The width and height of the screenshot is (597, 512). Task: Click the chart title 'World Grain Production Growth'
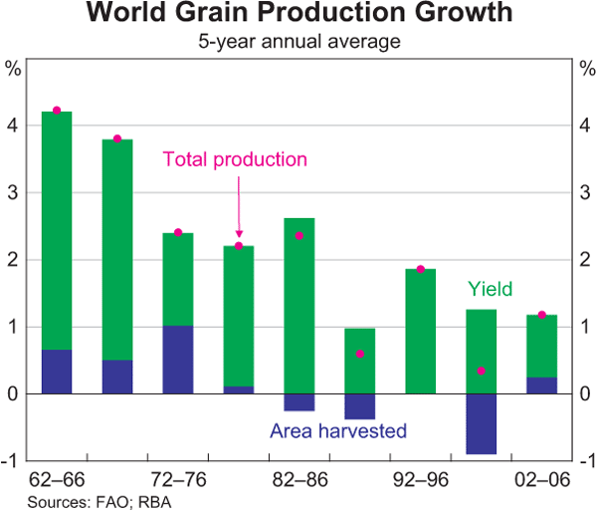pyautogui.click(x=299, y=15)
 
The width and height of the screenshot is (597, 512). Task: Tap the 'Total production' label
pyautogui.click(x=235, y=159)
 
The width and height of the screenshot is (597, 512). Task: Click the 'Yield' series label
pyautogui.click(x=490, y=290)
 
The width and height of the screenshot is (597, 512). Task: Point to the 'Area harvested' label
pyautogui.click(x=338, y=432)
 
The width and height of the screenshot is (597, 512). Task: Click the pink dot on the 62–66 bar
pyautogui.click(x=57, y=111)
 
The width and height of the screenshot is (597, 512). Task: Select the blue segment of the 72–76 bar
pyautogui.click(x=178, y=360)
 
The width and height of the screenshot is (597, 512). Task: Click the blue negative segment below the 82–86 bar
pyautogui.click(x=299, y=402)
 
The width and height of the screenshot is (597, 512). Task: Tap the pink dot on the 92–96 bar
pyautogui.click(x=421, y=269)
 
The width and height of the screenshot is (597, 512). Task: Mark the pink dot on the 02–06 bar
pyautogui.click(x=541, y=315)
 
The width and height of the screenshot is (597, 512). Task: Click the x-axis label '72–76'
pyautogui.click(x=178, y=479)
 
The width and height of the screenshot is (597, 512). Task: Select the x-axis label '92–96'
pyautogui.click(x=421, y=479)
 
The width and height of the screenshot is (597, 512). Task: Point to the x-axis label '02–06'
pyautogui.click(x=541, y=479)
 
